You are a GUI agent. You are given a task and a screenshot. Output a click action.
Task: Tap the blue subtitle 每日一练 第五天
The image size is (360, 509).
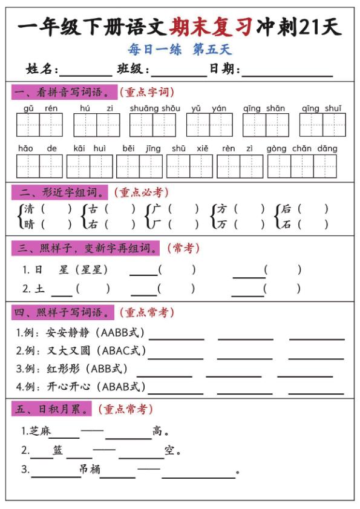tap(180, 50)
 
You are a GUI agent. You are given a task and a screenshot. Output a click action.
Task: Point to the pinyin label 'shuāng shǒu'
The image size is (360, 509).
tap(155, 108)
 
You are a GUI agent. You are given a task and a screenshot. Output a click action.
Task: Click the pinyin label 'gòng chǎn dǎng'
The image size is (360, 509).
tap(302, 148)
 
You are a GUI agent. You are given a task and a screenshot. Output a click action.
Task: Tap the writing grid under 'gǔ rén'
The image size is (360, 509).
tap(39, 125)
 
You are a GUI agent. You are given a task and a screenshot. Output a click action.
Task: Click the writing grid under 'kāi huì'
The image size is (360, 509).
tap(90, 166)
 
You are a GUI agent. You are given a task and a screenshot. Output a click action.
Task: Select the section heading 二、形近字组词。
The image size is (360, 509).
tap(59, 192)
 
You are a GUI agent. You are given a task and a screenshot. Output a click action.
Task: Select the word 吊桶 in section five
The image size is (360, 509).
tap(90, 469)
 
